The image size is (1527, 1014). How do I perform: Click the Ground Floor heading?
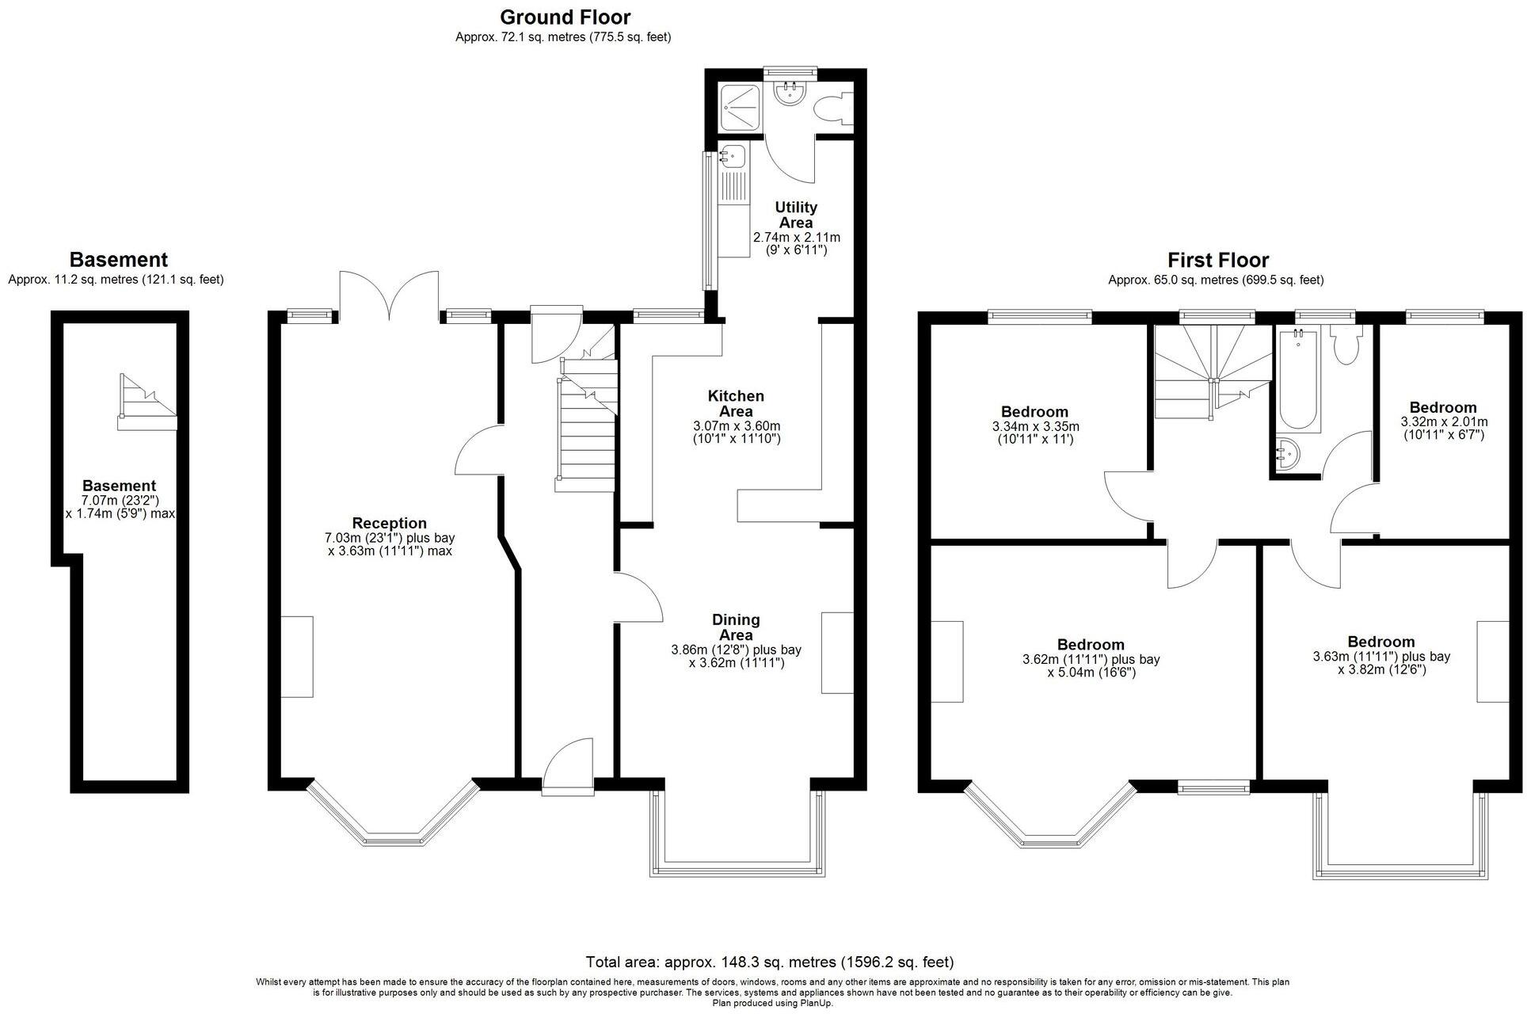pos(565,17)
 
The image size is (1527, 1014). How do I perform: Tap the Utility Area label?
pos(795,215)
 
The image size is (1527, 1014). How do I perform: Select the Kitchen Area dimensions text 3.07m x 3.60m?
pos(736,425)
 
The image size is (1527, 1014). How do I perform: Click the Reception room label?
pos(389,523)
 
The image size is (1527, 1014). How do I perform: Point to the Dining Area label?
pos(736,627)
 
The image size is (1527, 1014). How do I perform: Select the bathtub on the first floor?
pos(1297,380)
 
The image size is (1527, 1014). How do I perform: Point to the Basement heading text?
pos(119,259)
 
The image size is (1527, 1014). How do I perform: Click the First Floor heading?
pos(1217,260)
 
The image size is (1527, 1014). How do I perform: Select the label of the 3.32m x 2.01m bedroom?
pos(1442,408)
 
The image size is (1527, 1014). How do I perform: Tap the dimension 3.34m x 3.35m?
pos(1034,426)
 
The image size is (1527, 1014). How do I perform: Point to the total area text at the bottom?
pos(769,962)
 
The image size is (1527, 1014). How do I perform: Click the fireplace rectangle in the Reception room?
pos(297,657)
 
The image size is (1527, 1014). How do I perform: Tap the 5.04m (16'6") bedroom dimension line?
pos(1091,673)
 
